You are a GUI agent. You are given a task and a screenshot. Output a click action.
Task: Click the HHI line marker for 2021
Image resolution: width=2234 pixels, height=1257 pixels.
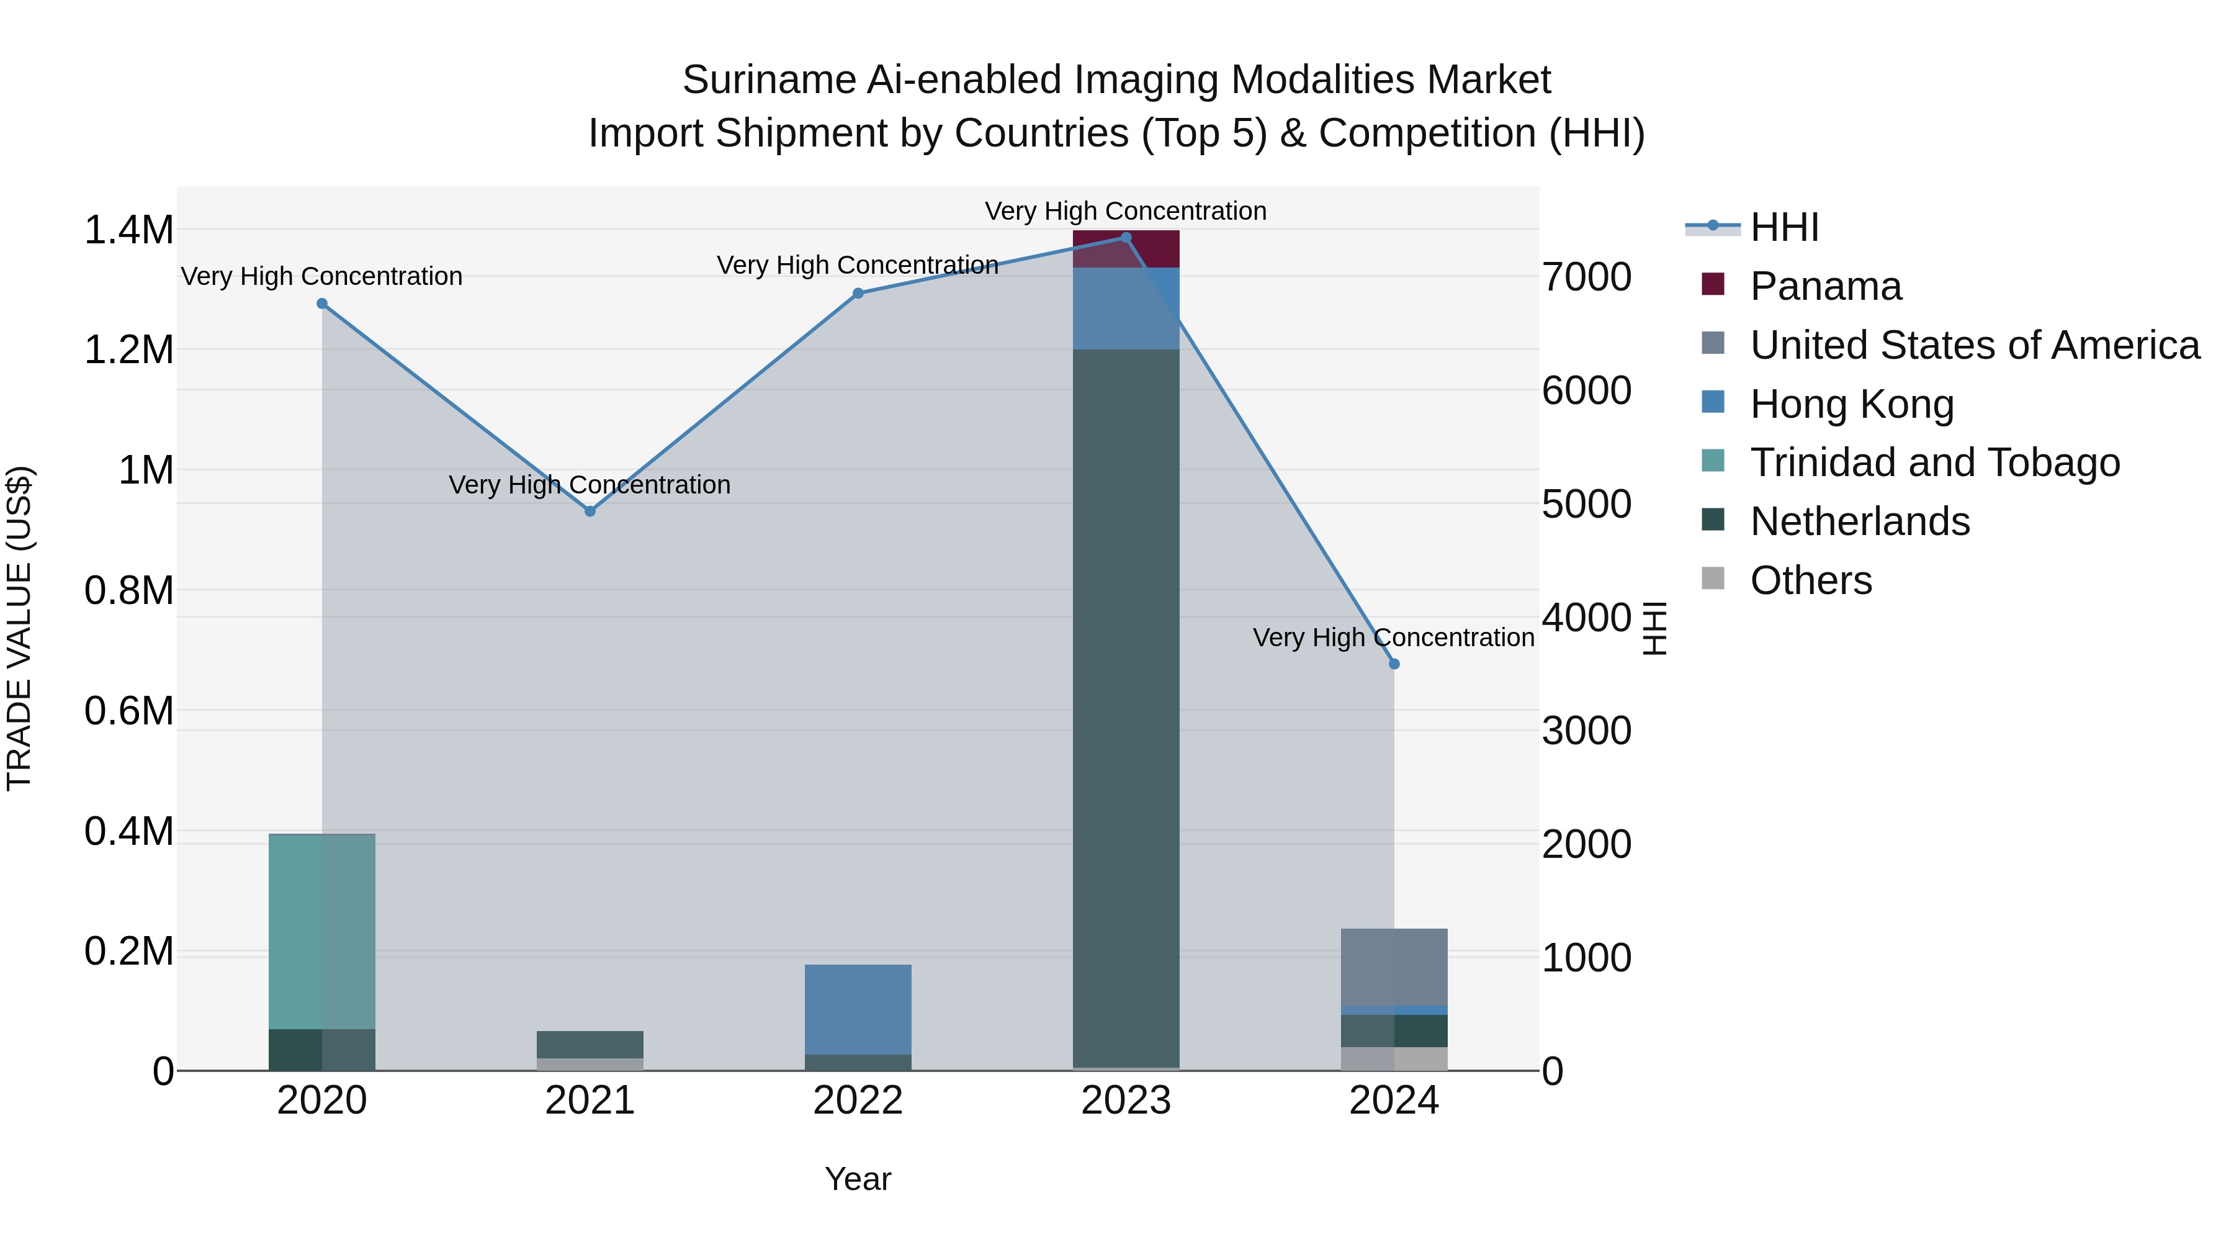point(590,511)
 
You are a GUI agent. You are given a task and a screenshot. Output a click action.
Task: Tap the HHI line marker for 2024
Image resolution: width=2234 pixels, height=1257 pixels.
point(1394,664)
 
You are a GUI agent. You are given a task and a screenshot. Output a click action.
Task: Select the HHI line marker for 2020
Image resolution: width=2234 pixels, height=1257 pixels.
point(321,304)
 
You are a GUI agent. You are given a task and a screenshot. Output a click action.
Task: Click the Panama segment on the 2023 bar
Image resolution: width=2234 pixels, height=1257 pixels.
point(1126,249)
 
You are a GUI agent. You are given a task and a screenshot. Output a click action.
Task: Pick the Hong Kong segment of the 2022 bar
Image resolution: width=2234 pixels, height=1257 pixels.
point(858,1009)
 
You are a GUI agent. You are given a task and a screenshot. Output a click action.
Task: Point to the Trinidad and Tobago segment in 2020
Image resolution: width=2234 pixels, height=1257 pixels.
point(321,931)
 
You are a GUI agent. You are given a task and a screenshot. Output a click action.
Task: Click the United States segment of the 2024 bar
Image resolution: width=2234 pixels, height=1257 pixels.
point(1394,966)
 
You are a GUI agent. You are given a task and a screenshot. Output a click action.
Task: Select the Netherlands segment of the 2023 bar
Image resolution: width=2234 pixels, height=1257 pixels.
point(1126,707)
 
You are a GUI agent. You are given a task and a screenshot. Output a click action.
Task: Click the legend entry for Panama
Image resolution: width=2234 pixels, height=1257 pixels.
point(1826,286)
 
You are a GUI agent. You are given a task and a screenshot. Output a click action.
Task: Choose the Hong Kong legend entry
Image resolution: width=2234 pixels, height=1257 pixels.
point(1852,404)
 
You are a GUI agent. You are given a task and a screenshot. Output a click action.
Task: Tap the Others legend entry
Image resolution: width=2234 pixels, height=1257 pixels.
point(1811,580)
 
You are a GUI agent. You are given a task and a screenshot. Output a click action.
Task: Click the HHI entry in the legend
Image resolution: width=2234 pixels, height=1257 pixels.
point(1784,227)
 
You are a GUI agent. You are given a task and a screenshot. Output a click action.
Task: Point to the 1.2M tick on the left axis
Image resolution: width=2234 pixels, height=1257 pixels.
point(128,351)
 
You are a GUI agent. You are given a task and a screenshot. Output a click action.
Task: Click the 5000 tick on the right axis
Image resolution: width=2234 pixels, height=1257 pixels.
point(1586,504)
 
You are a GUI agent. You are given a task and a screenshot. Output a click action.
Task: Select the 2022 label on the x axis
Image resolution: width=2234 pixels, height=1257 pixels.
point(858,1101)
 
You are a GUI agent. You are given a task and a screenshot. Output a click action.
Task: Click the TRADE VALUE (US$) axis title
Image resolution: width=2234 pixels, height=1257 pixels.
point(19,628)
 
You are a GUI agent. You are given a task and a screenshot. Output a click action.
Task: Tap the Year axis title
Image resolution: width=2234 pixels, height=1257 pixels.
point(858,1179)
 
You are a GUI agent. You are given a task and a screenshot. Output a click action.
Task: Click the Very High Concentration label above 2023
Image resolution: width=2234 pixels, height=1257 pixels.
point(1126,211)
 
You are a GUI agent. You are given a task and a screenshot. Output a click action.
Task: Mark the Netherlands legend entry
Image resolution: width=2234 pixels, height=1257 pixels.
point(1859,521)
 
